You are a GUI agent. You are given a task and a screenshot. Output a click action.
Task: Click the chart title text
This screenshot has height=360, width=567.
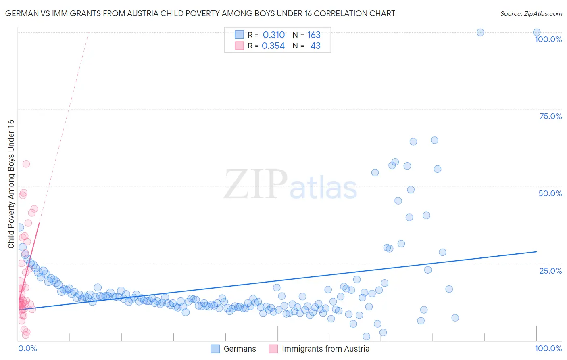click(200, 13)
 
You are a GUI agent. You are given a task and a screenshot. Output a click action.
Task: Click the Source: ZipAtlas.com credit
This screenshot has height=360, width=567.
click(531, 13)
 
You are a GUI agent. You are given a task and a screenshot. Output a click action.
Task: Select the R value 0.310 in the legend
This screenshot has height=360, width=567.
click(273, 35)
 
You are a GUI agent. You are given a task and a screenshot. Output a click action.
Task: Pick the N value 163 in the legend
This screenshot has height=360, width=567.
click(314, 35)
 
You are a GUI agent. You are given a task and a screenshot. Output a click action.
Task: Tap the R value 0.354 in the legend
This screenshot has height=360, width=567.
click(273, 46)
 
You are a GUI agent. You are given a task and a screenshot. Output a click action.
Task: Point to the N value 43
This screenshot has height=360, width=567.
click(315, 46)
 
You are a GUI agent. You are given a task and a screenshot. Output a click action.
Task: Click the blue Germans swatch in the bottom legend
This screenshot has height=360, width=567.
click(216, 349)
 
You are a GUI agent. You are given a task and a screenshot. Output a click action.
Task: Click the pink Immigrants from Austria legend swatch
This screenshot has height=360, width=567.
click(273, 349)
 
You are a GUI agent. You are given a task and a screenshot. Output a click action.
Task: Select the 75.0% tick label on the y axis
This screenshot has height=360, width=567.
click(550, 116)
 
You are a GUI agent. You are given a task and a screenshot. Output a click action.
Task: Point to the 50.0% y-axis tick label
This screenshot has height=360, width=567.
click(550, 193)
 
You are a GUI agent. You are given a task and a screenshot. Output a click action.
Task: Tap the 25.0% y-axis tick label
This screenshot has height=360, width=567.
click(550, 271)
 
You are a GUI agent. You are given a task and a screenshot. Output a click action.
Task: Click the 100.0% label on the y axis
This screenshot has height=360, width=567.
click(548, 39)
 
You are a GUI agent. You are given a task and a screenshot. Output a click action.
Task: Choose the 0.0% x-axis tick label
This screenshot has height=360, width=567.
click(27, 348)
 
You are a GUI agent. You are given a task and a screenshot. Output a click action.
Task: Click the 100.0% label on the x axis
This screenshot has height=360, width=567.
click(548, 348)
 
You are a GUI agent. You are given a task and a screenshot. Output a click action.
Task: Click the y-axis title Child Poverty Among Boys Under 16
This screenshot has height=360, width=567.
click(11, 184)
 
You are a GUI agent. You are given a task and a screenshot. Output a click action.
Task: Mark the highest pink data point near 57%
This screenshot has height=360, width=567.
click(26, 164)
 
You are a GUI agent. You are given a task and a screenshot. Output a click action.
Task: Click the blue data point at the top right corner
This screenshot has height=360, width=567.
click(537, 32)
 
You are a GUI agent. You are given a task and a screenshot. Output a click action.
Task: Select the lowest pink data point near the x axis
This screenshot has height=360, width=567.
click(26, 335)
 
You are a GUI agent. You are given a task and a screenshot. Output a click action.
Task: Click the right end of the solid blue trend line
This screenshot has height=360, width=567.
click(536, 251)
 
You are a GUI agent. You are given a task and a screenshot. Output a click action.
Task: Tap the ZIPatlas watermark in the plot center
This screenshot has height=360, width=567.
click(290, 185)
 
